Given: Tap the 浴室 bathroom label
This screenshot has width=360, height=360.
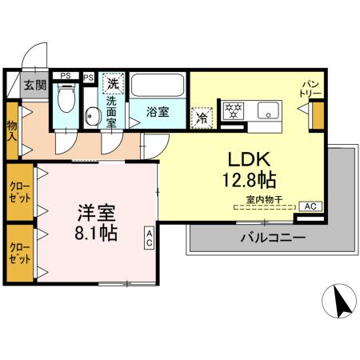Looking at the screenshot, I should coord(158,112).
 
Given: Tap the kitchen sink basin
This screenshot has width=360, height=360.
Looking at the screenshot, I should coord(269,109).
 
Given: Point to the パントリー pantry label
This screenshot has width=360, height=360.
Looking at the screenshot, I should coord(310,89).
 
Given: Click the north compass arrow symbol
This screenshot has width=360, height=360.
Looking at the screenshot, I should coord(340,302).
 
